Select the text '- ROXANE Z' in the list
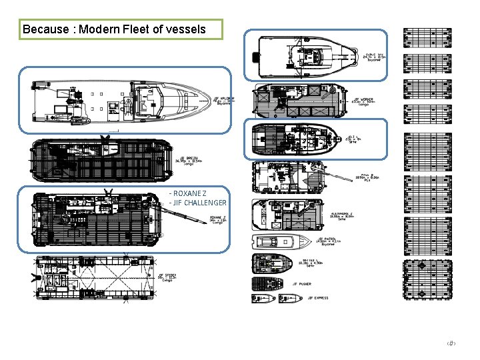(188, 193)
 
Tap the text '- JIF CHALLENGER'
(198, 203)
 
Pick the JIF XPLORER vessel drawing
(120, 101)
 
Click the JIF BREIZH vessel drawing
(97, 161)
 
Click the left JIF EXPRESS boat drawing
(259, 299)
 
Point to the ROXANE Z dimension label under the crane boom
(217, 219)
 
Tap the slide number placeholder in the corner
(451, 343)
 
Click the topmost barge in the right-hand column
(427, 37)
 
